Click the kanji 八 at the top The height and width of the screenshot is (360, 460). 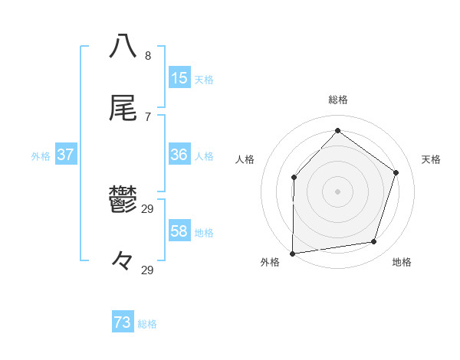coord(123,45)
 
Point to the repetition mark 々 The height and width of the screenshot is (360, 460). coord(123,260)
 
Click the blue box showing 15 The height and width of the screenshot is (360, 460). coord(179,78)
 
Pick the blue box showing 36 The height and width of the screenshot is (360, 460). coord(179,155)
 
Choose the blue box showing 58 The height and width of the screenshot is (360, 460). coord(179,231)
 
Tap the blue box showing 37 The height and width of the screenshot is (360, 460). coord(66,155)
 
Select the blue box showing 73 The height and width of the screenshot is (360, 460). coord(123,322)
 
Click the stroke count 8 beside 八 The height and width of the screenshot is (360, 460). coord(148,56)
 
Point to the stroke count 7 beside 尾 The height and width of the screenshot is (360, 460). coord(148,116)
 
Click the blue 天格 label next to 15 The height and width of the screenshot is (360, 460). coord(204,79)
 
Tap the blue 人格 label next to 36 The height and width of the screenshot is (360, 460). coord(204,155)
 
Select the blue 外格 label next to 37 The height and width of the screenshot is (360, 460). coord(41,155)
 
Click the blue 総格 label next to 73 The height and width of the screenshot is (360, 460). coord(147,323)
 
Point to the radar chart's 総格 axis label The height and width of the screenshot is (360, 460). coord(337,100)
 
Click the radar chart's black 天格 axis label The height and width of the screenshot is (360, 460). coord(431,159)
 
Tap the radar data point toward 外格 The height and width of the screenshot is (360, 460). coord(292,253)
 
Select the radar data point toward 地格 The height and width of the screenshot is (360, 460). coord(374,242)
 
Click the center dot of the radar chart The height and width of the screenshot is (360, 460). coord(337,191)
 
